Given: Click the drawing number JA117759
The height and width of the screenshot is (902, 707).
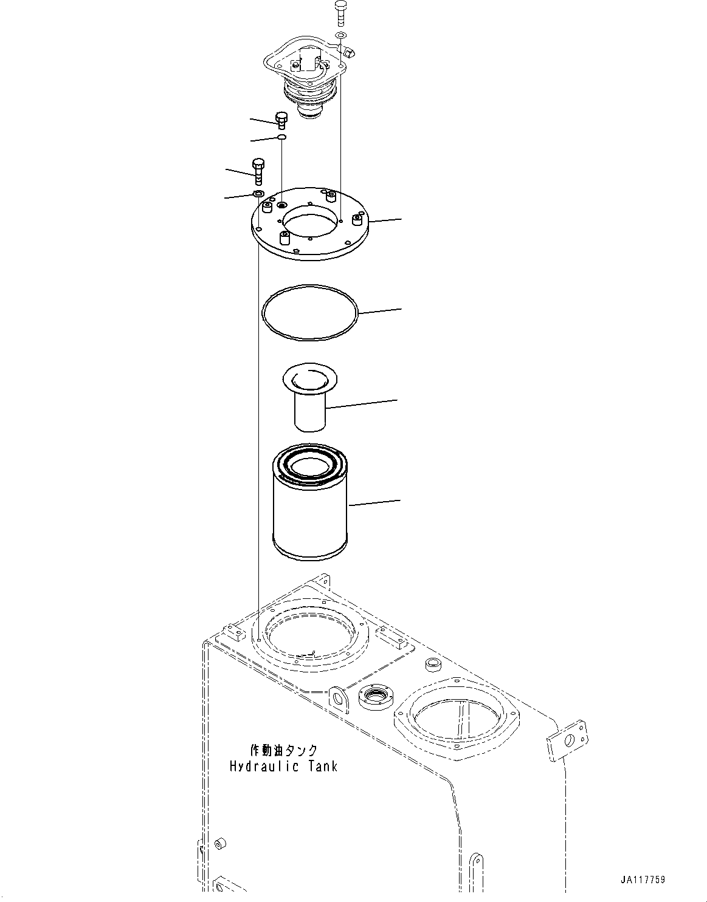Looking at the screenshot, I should [x=643, y=880].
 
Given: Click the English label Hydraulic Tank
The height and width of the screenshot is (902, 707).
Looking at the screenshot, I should [x=283, y=766].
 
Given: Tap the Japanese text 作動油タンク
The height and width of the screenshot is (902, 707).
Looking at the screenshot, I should [x=284, y=751].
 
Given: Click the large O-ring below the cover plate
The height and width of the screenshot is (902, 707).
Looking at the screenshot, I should [x=310, y=310].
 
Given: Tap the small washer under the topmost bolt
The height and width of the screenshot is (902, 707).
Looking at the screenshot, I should [x=342, y=35].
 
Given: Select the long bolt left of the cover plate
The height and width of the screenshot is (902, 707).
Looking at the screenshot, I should [x=258, y=172].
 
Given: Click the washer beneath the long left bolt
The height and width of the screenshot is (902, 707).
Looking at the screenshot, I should [x=258, y=194].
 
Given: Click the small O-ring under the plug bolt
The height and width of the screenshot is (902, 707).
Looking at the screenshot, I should [x=282, y=138].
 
